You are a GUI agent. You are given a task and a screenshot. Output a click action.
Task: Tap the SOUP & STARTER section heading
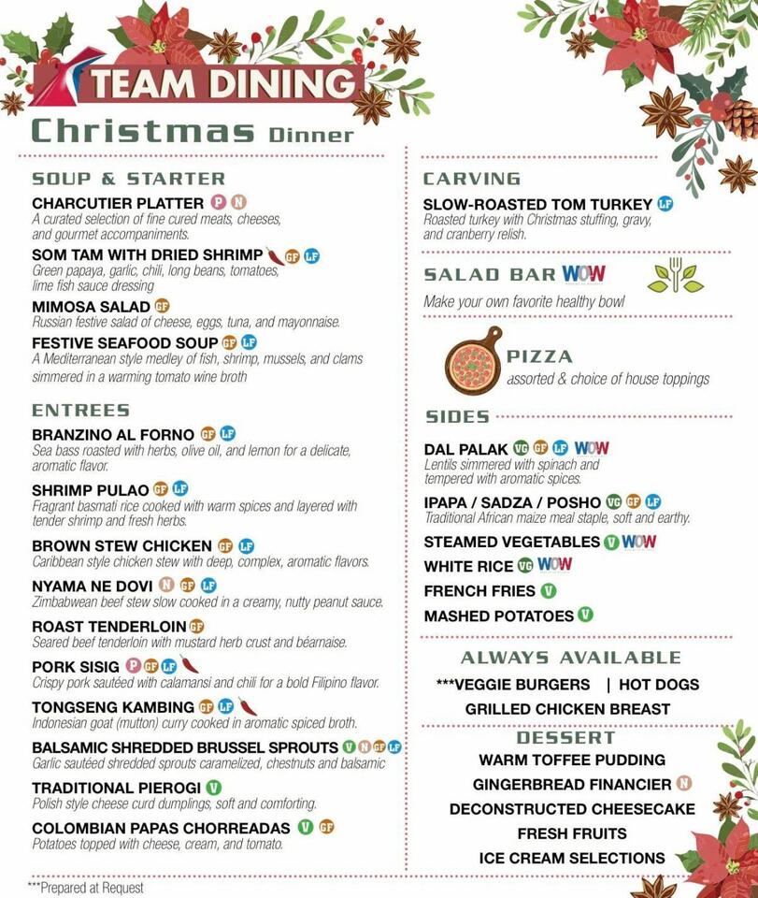click(x=128, y=178)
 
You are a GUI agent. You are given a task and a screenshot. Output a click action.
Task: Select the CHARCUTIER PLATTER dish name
click(x=118, y=203)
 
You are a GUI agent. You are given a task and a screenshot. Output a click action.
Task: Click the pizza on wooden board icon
click(x=473, y=359)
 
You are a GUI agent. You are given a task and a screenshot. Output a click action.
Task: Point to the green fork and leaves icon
click(x=674, y=274)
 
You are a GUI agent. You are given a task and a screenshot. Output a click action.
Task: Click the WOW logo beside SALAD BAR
click(x=583, y=274)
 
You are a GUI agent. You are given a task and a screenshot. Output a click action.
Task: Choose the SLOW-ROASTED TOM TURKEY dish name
click(x=537, y=204)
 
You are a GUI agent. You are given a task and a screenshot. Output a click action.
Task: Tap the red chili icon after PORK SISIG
click(x=190, y=666)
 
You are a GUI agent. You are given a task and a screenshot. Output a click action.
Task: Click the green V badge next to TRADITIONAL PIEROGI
click(x=213, y=787)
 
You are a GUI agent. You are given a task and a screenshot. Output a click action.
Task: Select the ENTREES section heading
click(x=80, y=410)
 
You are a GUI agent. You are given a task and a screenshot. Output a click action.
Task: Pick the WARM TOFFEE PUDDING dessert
click(x=572, y=760)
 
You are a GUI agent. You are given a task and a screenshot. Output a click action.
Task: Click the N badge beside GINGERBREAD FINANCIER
click(x=684, y=784)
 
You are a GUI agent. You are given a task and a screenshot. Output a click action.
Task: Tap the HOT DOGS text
click(x=659, y=684)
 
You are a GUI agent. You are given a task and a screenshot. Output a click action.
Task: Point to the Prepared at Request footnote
click(x=86, y=887)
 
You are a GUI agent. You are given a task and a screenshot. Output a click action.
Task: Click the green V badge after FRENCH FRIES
click(x=549, y=590)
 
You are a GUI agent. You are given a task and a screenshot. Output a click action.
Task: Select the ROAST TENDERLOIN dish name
click(x=109, y=626)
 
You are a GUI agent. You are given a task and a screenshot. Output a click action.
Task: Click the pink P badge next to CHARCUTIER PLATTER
click(x=219, y=202)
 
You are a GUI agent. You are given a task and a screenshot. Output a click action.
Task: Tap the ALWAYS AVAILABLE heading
click(x=570, y=657)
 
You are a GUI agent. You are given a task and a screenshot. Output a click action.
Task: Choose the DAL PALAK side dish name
click(x=465, y=449)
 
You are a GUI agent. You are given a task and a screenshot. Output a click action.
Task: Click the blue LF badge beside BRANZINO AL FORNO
click(x=227, y=434)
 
